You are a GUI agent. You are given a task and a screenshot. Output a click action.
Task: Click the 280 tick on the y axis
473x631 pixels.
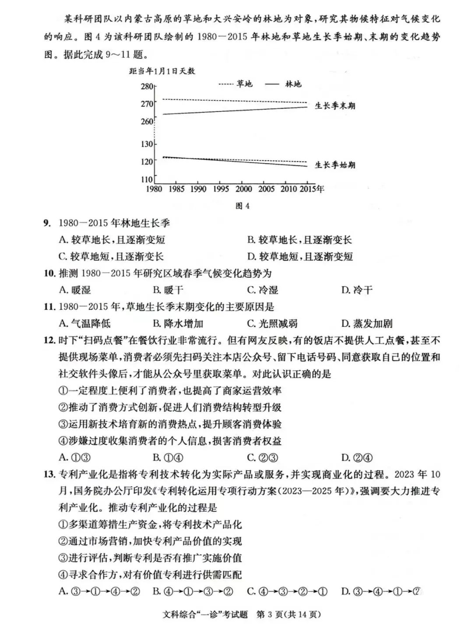(x=148, y=86)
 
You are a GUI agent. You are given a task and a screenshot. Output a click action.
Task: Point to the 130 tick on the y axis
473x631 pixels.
(x=148, y=144)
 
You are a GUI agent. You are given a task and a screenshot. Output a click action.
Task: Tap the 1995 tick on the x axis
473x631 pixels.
(x=221, y=189)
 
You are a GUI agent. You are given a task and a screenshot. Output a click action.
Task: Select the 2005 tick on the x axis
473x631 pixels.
(x=266, y=189)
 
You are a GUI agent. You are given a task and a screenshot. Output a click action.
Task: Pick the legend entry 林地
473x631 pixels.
(x=293, y=84)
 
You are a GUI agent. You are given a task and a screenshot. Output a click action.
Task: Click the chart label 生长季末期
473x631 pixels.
(x=335, y=106)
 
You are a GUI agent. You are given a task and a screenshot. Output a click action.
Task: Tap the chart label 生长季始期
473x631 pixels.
(x=335, y=165)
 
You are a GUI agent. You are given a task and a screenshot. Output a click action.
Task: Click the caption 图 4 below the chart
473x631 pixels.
(x=242, y=206)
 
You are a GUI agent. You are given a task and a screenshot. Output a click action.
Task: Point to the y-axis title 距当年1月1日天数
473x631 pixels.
(x=162, y=71)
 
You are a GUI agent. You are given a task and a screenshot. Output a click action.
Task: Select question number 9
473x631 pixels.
(x=47, y=223)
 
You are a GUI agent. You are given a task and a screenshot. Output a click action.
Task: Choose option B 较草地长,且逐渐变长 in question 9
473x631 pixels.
(x=300, y=240)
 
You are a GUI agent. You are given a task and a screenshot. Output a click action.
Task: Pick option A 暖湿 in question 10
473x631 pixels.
(x=75, y=290)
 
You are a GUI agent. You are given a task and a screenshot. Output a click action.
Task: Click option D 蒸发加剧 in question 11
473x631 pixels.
(x=367, y=324)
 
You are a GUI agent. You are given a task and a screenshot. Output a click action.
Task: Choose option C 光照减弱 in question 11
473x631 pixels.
(x=272, y=324)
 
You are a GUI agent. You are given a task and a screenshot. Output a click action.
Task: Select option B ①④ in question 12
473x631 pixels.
(x=168, y=458)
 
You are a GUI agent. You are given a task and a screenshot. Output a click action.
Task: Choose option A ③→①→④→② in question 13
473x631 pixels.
(x=99, y=592)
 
